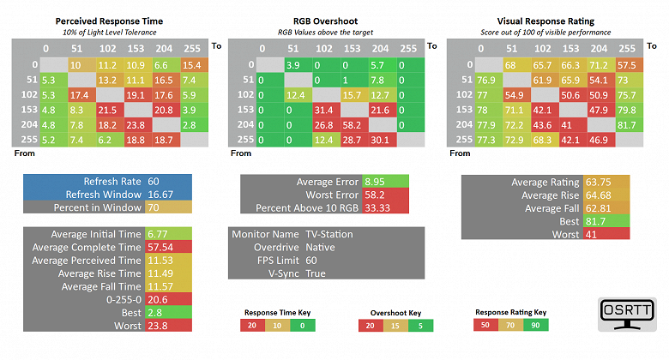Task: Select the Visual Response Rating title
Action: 549,19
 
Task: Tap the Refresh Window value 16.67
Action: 160,195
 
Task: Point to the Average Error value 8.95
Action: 374,182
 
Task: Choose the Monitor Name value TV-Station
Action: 329,234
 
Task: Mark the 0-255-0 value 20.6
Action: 159,298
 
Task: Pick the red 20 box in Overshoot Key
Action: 370,326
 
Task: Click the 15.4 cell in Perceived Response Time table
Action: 190,65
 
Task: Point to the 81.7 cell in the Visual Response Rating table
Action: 627,125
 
